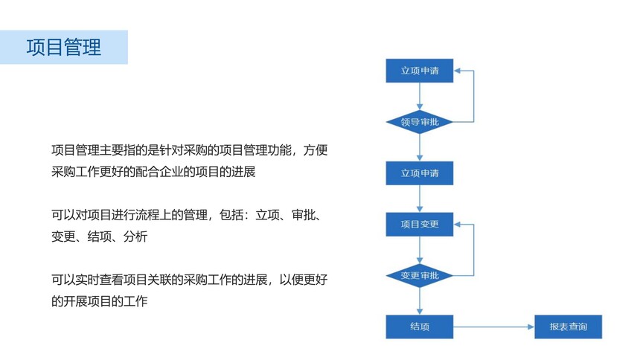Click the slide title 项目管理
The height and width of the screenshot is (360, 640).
pyautogui.click(x=64, y=47)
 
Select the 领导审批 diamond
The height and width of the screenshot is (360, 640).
pyautogui.click(x=420, y=122)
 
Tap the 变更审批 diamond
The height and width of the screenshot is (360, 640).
pyautogui.click(x=420, y=275)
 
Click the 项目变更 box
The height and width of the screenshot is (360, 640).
pyautogui.click(x=420, y=224)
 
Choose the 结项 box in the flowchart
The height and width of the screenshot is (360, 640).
pyautogui.click(x=420, y=327)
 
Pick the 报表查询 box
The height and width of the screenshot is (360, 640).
pyautogui.click(x=568, y=327)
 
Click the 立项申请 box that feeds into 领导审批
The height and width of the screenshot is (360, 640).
pyautogui.click(x=420, y=71)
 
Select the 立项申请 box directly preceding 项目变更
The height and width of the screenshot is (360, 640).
pyautogui.click(x=420, y=173)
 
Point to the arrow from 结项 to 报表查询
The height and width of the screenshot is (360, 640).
pyautogui.click(x=494, y=327)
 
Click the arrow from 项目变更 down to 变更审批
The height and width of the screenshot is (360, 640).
pyautogui.click(x=420, y=250)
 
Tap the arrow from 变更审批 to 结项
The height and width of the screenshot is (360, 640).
pyautogui.click(x=420, y=301)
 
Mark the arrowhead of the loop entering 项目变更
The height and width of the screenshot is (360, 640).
pyautogui.click(x=457, y=224)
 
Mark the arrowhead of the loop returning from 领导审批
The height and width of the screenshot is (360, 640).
pyautogui.click(x=457, y=71)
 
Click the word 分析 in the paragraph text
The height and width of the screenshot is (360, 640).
pyautogui.click(x=135, y=237)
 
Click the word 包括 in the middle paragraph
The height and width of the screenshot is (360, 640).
pyautogui.click(x=231, y=215)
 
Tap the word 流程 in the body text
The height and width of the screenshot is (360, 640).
pyautogui.click(x=147, y=215)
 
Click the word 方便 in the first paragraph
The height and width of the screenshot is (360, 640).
pyautogui.click(x=316, y=150)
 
